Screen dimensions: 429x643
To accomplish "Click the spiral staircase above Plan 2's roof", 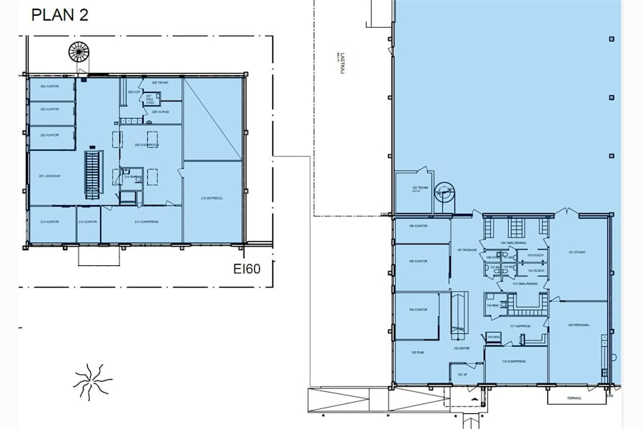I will [x=76, y=52].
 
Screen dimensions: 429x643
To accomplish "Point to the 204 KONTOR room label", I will [x=49, y=87].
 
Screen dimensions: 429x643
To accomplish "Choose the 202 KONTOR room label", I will [x=49, y=134].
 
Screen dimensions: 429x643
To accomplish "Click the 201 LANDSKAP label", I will [x=49, y=176].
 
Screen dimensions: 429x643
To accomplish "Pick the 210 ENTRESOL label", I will [x=213, y=199].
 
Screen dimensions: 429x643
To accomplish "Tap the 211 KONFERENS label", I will [x=146, y=222].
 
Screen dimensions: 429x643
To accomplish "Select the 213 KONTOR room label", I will [x=49, y=222].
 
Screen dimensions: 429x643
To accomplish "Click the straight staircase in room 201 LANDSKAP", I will [x=92, y=174].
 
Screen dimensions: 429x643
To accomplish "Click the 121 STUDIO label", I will [x=577, y=252].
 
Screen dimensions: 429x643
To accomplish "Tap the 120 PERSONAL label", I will [x=579, y=325].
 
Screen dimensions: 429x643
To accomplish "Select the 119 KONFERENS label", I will [x=509, y=362].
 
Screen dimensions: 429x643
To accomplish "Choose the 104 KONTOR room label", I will [x=418, y=310].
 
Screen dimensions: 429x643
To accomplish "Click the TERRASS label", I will [x=570, y=399].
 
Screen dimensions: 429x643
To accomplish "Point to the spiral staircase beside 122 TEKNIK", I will [x=444, y=193].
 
